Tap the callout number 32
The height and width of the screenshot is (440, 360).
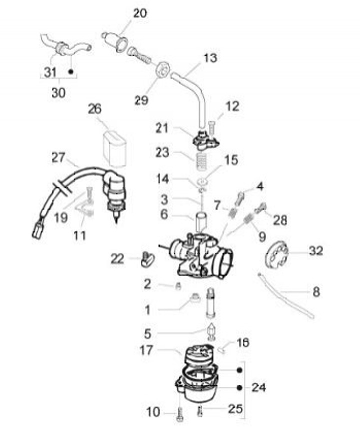[316, 251]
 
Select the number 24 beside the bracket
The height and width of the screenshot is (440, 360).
[259, 387]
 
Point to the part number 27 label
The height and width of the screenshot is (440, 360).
[58, 157]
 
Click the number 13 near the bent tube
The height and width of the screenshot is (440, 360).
[210, 58]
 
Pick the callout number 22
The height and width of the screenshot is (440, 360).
[118, 259]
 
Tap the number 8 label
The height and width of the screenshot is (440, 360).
[316, 291]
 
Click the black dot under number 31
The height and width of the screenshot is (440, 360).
[71, 72]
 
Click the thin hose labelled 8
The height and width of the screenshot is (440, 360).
[285, 295]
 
